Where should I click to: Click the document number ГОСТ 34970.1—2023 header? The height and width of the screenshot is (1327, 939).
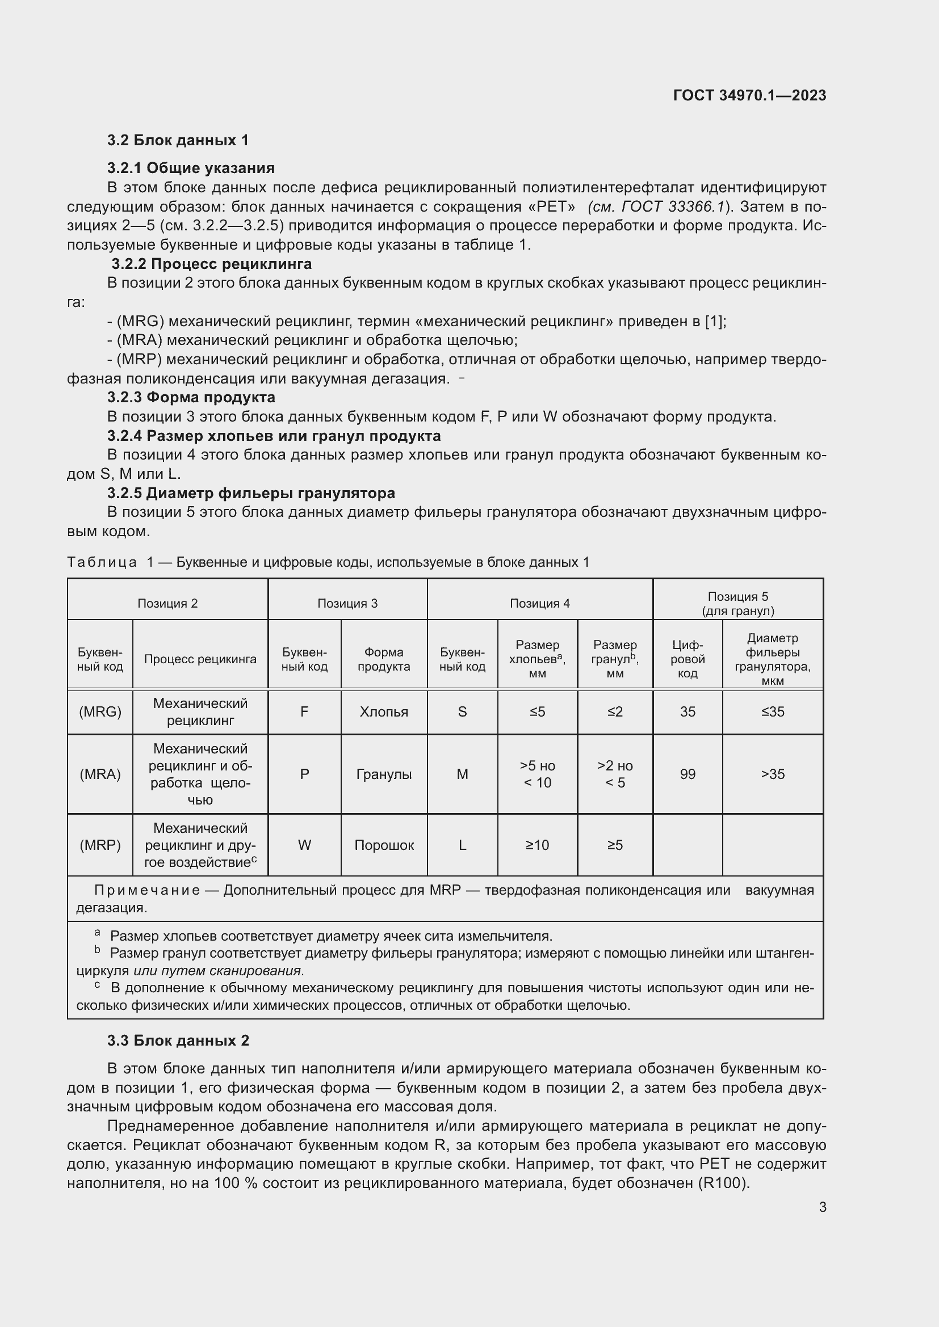pos(749,95)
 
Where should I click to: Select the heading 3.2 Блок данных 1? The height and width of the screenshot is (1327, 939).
pos(178,141)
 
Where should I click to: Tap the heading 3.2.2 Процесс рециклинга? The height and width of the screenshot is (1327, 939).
pos(211,264)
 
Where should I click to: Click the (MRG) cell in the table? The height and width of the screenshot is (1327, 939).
pos(100,711)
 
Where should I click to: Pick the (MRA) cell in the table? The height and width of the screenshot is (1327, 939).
pos(100,774)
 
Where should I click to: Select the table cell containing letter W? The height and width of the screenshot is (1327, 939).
pos(304,845)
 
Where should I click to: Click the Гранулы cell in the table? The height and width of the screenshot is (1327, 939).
pos(384,774)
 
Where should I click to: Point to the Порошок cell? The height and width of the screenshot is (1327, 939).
pos(384,845)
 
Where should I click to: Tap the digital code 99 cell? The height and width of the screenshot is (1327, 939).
pos(688,774)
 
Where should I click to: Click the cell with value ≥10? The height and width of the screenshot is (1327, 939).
pos(537,845)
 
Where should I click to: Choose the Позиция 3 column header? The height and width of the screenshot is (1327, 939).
pos(347,604)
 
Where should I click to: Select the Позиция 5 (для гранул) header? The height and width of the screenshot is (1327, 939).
pos(738,604)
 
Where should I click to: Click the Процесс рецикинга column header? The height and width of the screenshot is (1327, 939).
pos(200,659)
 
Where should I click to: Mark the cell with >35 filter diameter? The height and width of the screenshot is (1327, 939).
pos(773,774)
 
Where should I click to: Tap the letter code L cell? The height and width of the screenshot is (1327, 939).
pos(462,845)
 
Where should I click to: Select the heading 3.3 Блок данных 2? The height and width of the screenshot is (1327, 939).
pos(178,1041)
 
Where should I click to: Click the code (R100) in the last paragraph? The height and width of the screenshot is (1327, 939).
pos(722,1183)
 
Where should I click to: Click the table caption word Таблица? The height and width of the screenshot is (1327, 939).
pos(102,562)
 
